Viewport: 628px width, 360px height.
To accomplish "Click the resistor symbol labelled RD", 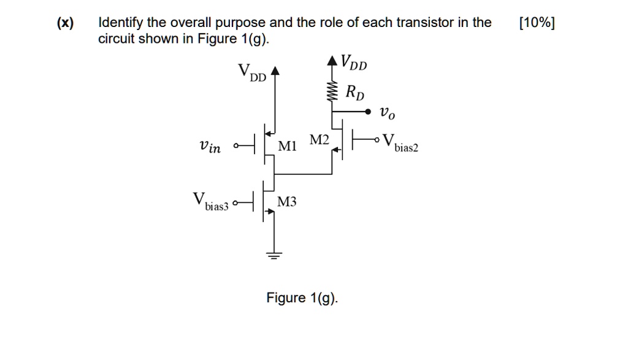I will coord(332,93).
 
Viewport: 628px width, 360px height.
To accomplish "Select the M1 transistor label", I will coord(287,147).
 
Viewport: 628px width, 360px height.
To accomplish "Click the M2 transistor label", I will coord(320,141).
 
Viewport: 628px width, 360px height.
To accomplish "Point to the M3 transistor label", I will coord(286,202).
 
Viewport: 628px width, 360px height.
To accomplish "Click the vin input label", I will coord(210,147).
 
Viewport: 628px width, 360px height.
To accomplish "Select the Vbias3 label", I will coord(210,202).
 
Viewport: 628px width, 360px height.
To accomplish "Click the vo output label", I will coord(387,113).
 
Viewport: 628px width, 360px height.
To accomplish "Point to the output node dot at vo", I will coord(368,112).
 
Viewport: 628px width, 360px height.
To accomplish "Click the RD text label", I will coord(354,93).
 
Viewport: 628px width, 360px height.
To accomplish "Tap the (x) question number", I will coord(64,23).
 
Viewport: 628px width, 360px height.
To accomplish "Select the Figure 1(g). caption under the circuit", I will coord(302,298).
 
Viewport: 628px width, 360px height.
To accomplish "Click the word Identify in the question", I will coord(121,23).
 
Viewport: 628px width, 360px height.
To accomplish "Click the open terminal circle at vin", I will coord(235,147).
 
